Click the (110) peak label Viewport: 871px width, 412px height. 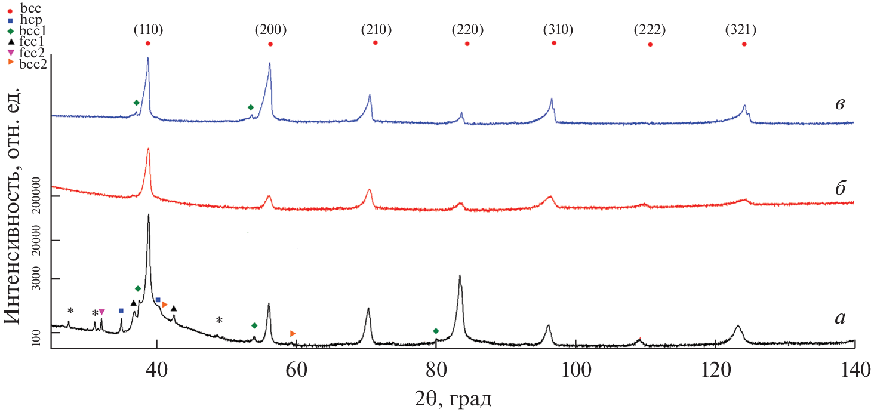point(148,30)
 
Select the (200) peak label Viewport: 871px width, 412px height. point(270,30)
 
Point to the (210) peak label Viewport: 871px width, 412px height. point(376,30)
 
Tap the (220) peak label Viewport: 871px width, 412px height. point(467,30)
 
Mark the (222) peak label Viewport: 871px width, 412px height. point(650,30)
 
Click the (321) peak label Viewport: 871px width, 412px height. point(744,30)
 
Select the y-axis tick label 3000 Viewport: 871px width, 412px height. point(41,279)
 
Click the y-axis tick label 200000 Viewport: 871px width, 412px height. point(41,196)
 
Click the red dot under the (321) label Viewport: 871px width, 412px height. point(744,44)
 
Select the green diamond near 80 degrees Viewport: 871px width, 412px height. point(436,331)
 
